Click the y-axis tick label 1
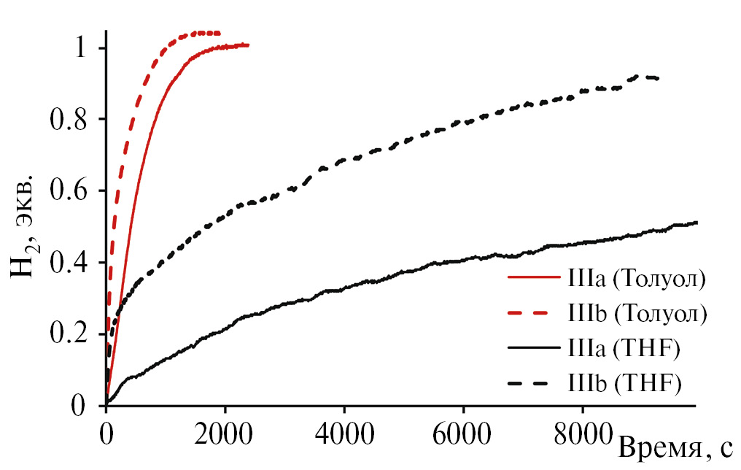tap(82, 48)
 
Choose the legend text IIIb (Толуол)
tap(636, 314)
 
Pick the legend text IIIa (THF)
tap(623, 349)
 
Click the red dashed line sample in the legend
tap(533, 314)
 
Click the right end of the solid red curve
tap(248, 45)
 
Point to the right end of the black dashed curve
tap(659, 78)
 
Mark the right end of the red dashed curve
tap(219, 32)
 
